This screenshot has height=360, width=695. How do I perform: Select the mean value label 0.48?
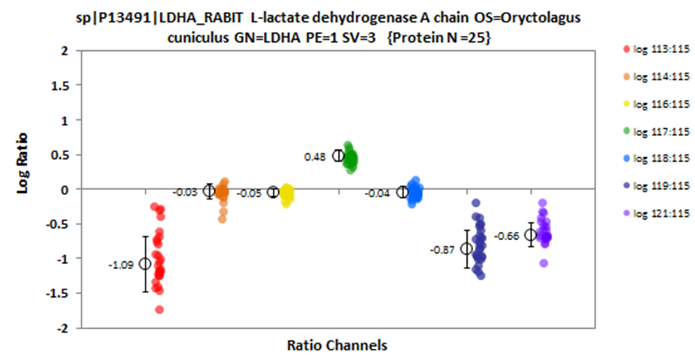[314, 157]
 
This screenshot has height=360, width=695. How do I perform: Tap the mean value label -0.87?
[442, 250]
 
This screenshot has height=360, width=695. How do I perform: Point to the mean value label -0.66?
[507, 236]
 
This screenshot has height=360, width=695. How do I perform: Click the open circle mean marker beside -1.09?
[145, 264]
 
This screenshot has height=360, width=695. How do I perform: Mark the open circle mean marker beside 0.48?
[338, 156]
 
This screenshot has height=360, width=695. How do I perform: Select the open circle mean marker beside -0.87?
[466, 249]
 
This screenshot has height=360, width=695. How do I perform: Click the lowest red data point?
[159, 309]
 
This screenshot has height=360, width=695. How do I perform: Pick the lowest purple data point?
[543, 263]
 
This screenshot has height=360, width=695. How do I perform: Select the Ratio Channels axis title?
[337, 346]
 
